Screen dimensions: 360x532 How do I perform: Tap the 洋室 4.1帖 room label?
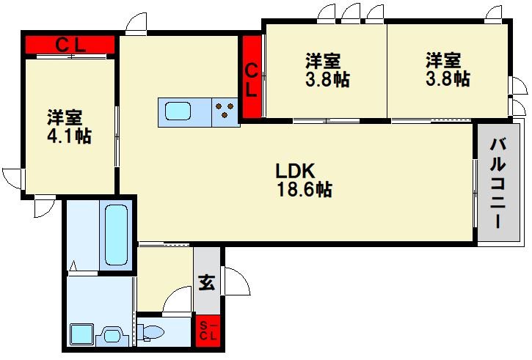click(70, 126)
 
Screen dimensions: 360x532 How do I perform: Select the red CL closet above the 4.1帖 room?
click(70, 45)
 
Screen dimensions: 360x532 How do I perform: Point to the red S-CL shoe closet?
click(208, 331)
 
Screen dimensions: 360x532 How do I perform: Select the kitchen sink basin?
click(178, 111)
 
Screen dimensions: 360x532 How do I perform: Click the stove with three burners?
click(225, 112)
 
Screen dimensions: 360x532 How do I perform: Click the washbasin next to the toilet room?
click(112, 336)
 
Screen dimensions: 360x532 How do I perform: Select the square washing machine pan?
click(80, 335)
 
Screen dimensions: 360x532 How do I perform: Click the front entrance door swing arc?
click(236, 282)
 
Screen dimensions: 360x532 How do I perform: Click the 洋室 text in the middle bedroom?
click(324, 61)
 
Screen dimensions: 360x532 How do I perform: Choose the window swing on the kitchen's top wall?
click(134, 24)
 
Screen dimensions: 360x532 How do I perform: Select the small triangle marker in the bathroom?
click(73, 265)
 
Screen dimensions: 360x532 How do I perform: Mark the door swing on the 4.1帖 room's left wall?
click(13, 178)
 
